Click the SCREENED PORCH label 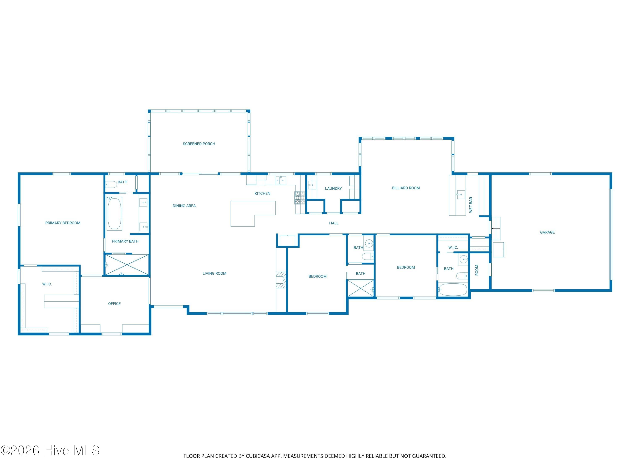tap(199, 144)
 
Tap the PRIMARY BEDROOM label tap(63, 223)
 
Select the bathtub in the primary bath tap(114, 213)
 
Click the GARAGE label tap(547, 232)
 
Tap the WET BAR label tap(471, 205)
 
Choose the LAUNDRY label tap(333, 188)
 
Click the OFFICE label tap(114, 304)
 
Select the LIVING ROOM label tap(214, 273)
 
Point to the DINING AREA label tap(184, 206)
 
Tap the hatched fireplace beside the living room tap(281, 280)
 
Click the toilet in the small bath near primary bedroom tap(111, 184)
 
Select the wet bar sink tap(461, 195)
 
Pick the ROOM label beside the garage tap(476, 270)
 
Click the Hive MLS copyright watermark tap(50, 450)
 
